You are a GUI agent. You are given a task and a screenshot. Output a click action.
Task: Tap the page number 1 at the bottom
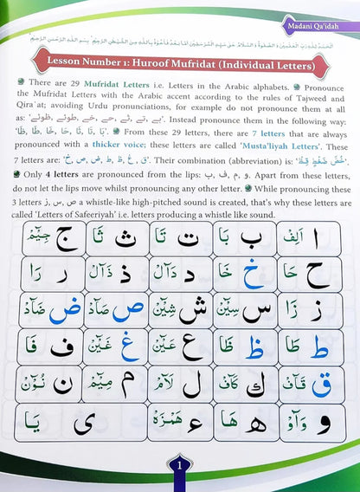tap(179, 474)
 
